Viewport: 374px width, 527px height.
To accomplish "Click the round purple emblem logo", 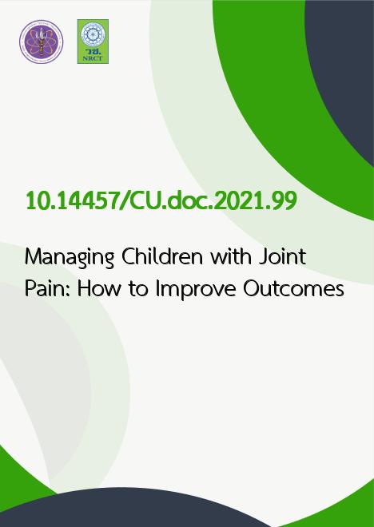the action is pyautogui.click(x=42, y=42).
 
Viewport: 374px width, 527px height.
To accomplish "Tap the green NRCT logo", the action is pyautogui.click(x=93, y=42).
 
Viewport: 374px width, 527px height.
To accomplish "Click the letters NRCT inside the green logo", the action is pyautogui.click(x=93, y=58).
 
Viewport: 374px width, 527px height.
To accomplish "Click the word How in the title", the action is pyautogui.click(x=99, y=289).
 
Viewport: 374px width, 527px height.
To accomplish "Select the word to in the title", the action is pyautogui.click(x=138, y=290).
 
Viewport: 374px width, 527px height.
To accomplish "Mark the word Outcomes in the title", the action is pyautogui.click(x=293, y=289).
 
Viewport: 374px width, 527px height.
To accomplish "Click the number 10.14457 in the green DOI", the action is pyautogui.click(x=72, y=201).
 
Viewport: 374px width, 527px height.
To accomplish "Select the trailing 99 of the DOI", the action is pyautogui.click(x=284, y=201).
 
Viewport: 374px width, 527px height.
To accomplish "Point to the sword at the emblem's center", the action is pyautogui.click(x=42, y=42).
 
